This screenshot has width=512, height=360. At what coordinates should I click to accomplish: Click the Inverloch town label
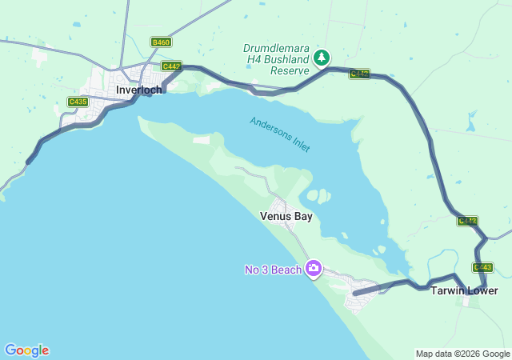pos(139,90)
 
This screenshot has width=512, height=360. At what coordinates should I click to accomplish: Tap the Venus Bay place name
pos(286,216)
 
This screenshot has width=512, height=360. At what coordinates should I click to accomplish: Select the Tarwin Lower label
pos(464,290)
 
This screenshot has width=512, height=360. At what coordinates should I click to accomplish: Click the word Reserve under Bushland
pos(289,70)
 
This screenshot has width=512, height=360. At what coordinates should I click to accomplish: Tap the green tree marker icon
pos(322,57)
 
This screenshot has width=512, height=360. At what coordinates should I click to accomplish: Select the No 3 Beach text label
pos(273,270)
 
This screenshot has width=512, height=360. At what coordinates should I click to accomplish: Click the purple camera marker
pos(314,268)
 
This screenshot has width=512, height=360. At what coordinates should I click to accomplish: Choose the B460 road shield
pos(161,42)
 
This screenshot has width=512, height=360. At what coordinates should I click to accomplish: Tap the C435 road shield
pos(78,102)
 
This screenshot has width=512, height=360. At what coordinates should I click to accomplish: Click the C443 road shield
pos(482,267)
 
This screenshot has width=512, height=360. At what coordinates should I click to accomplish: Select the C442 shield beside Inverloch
pos(171,66)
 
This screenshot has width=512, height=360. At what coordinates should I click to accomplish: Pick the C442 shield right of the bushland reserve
pos(359,74)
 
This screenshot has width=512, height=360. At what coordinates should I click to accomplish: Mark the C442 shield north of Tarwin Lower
pos(467,221)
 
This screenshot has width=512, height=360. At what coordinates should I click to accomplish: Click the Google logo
pos(26,350)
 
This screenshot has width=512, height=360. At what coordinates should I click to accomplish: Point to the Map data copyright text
pos(462,354)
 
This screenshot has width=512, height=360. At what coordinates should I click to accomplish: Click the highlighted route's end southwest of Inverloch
pos(29,162)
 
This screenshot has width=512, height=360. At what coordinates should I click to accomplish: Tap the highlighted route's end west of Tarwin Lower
pos(354,294)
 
